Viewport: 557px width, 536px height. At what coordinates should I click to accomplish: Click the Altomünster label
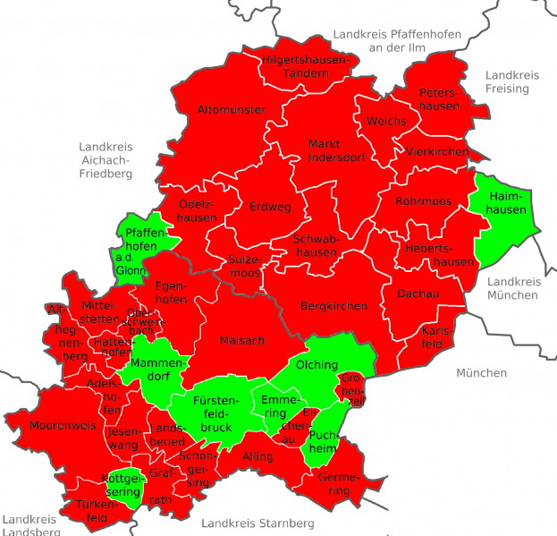click(x=232, y=109)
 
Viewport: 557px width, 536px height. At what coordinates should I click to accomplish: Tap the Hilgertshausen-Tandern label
click(x=306, y=66)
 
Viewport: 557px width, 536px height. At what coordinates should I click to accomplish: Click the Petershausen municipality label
click(x=438, y=99)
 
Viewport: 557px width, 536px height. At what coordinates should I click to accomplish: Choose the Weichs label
click(x=385, y=121)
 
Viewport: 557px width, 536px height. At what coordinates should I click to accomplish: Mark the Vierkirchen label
click(x=436, y=152)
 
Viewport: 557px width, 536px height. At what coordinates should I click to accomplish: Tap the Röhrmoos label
click(x=423, y=201)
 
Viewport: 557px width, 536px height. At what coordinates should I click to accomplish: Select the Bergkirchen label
click(x=333, y=306)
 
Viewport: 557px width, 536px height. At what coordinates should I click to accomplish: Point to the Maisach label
click(x=242, y=340)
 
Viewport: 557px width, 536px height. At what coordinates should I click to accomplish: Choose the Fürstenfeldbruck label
click(x=215, y=413)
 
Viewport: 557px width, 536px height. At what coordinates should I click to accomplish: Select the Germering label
click(x=337, y=484)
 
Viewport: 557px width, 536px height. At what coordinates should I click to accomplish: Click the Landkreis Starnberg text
click(x=257, y=523)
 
